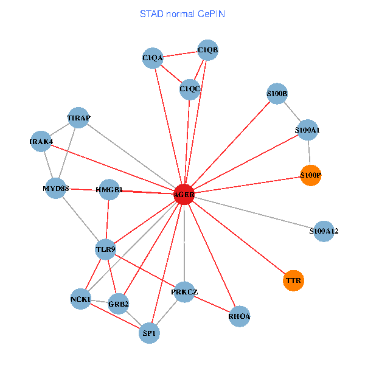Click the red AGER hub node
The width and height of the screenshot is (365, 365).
tap(184, 195)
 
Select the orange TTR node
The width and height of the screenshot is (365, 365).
tap(293, 280)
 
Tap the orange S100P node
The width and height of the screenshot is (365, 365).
tap(310, 175)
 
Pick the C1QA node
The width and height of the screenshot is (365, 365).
tap(153, 58)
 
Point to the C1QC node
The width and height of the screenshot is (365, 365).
tap(190, 89)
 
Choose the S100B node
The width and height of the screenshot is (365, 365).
tap(277, 94)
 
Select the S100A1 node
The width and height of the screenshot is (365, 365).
tap(307, 130)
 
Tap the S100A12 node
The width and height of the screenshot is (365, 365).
tap(324, 231)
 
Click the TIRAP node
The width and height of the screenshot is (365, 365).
tap(78, 117)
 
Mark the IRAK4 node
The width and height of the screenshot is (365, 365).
tap(41, 142)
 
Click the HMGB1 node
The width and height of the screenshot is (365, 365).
tap(109, 190)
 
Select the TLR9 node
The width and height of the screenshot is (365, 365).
tap(106, 249)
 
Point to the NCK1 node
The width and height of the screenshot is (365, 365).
tap(80, 299)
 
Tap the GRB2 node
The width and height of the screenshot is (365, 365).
tap(119, 303)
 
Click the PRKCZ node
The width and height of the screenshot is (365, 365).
tap(184, 293)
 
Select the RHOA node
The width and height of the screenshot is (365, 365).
tap(240, 316)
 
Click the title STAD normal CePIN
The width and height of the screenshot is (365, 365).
tap(182, 13)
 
